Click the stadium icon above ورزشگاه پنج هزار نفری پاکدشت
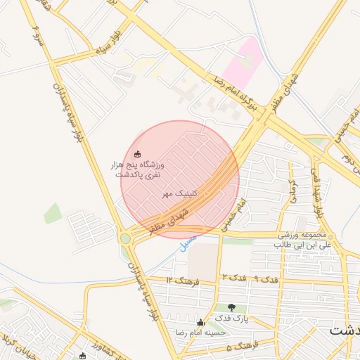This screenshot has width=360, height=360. [x=137, y=154]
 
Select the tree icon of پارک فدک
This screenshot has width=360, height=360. [x=232, y=307]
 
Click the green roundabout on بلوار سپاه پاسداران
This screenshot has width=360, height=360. [x=125, y=238]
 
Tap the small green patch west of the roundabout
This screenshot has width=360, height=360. [x=53, y=212]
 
